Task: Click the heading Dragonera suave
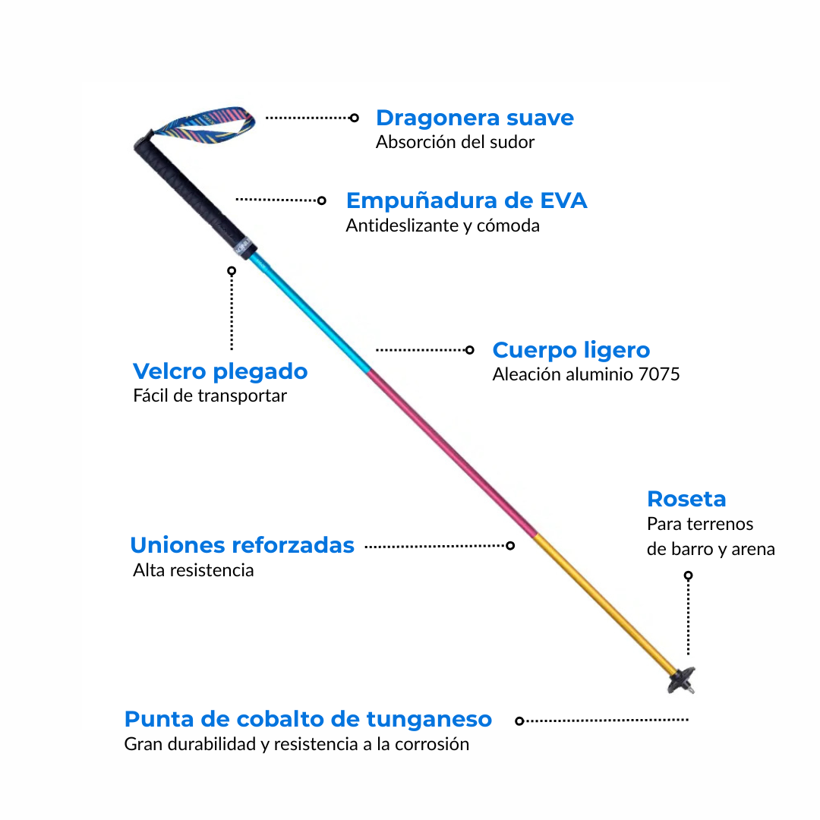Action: (475, 118)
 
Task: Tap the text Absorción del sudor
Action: (455, 142)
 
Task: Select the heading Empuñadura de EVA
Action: (466, 200)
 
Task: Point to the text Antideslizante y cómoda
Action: (443, 225)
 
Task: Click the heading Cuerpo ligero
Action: (571, 350)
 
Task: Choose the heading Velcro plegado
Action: (220, 371)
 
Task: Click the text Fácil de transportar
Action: (210, 396)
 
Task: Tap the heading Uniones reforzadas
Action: (242, 545)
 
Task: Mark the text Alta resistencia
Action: (193, 570)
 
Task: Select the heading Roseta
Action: (686, 499)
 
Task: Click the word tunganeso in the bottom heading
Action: (429, 719)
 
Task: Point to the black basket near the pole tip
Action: (681, 680)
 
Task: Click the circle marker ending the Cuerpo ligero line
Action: (469, 350)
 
